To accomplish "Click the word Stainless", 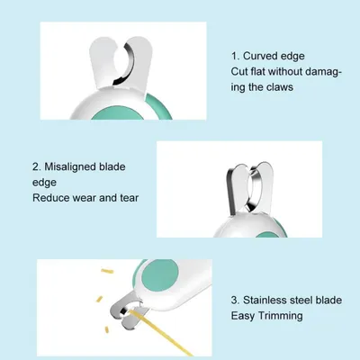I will point(272,301).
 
